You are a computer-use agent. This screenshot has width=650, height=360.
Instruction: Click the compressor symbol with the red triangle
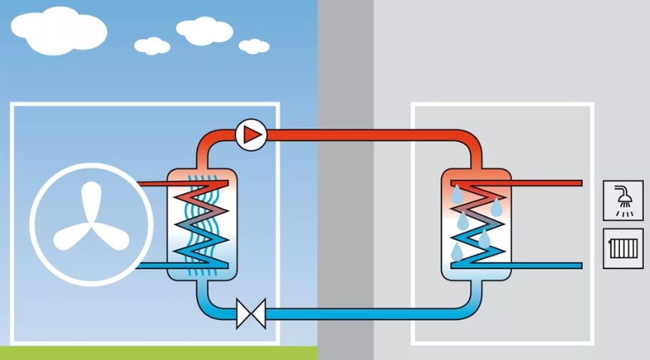coord(250,135)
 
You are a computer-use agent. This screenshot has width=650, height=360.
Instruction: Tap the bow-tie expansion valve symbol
coord(250,313)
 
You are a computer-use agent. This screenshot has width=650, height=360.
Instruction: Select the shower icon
coord(623,200)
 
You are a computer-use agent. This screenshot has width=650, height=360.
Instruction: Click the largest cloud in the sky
coord(59,31)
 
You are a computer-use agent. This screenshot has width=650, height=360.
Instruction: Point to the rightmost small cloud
coord(254,46)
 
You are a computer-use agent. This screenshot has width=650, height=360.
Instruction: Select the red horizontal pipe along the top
coord(361,135)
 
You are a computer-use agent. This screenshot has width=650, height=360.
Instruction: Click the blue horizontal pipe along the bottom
coord(361,313)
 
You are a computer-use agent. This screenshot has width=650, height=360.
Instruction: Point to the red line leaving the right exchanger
coord(549,183)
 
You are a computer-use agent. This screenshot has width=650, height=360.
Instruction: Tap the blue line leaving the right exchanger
coord(549,265)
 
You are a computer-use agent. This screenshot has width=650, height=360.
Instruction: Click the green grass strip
coord(150,353)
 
